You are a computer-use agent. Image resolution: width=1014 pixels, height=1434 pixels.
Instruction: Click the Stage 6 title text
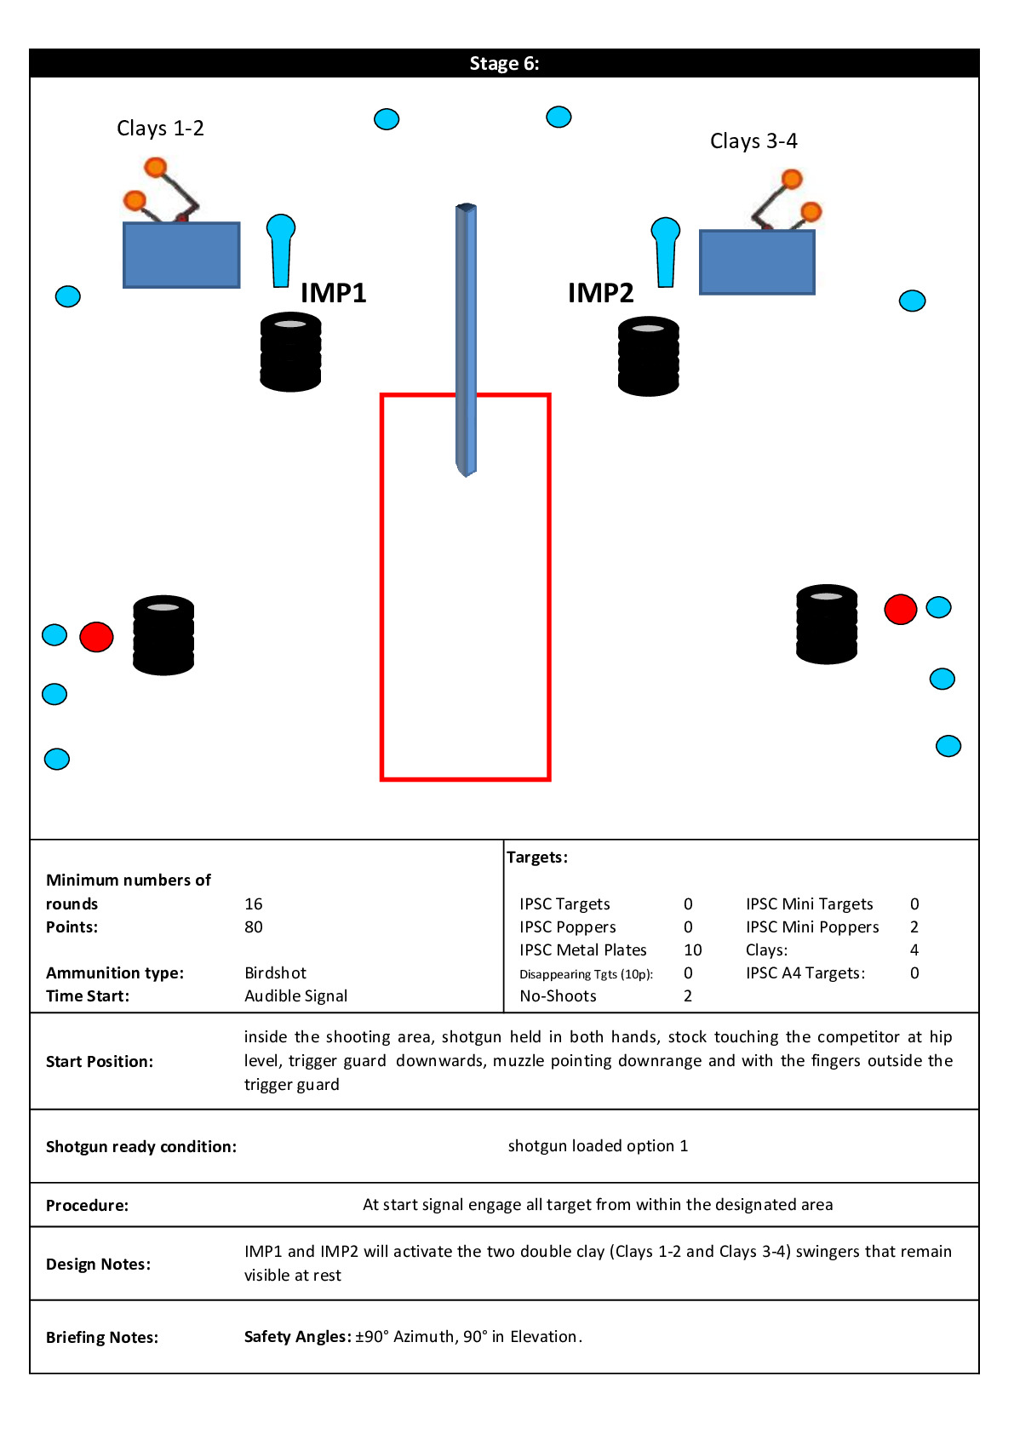(504, 64)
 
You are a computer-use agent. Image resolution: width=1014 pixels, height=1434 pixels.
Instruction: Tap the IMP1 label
(333, 293)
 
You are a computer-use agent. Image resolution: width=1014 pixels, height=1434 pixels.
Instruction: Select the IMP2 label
(600, 293)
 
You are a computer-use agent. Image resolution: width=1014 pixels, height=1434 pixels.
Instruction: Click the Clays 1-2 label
(160, 129)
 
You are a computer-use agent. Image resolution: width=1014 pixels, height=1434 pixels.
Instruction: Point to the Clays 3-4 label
(753, 141)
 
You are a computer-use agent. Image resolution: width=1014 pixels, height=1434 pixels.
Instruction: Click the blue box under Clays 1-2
(181, 255)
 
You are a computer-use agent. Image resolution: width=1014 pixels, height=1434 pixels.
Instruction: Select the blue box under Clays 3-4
(757, 262)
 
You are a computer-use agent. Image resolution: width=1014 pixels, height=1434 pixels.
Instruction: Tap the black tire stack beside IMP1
(290, 352)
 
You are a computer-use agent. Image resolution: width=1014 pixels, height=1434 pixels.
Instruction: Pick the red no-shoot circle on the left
(96, 636)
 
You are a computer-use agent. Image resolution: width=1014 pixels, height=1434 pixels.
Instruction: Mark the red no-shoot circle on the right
(900, 609)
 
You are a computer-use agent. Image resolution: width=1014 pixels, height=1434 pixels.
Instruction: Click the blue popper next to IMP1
(281, 249)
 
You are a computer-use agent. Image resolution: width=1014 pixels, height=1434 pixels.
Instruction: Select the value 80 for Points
(254, 926)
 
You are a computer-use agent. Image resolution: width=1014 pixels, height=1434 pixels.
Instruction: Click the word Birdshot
(275, 972)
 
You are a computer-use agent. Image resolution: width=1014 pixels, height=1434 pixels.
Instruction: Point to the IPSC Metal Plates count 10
(692, 949)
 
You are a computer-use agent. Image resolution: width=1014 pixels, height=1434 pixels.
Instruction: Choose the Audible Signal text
(295, 995)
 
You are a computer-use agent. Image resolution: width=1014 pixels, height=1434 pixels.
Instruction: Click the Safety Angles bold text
(297, 1336)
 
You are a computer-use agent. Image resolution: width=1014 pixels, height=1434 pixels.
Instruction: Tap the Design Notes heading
(98, 1264)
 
